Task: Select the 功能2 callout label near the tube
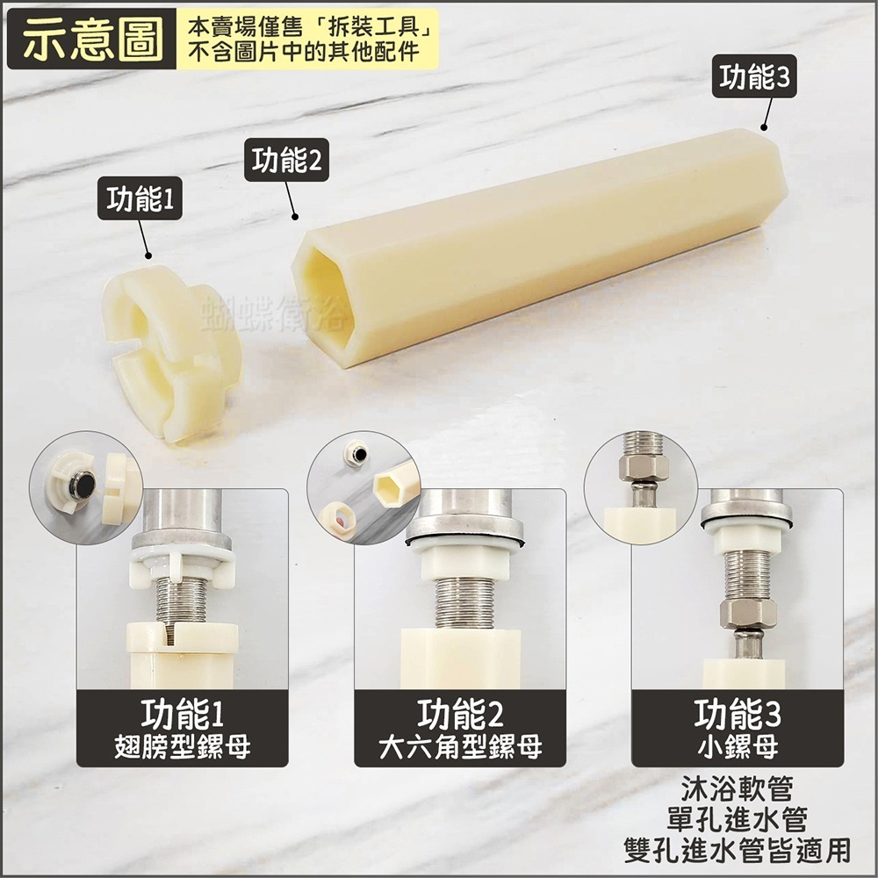tap(286, 161)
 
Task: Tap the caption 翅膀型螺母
tap(183, 748)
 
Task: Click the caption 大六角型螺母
tap(460, 748)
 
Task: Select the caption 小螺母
tap(738, 748)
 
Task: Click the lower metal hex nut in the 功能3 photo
tap(747, 614)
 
